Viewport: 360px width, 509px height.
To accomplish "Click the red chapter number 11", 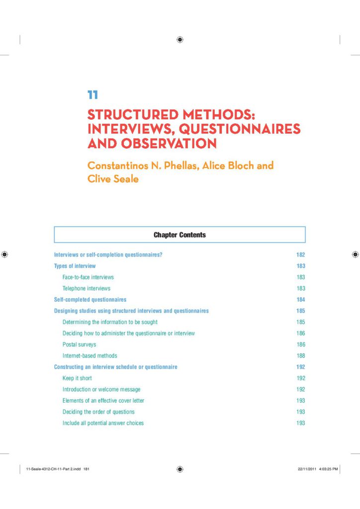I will (92, 94).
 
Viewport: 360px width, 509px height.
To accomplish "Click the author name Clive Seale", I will (113, 179).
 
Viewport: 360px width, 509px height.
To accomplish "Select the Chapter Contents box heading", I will (180, 235).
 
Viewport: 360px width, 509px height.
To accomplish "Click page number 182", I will (300, 255).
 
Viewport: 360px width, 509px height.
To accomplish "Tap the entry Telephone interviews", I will (87, 288).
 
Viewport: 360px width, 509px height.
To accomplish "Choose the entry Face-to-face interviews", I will (88, 277).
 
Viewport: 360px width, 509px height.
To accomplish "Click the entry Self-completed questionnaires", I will (90, 300).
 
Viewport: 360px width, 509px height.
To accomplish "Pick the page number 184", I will (300, 300).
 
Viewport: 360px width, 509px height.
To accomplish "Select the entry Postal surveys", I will (80, 344).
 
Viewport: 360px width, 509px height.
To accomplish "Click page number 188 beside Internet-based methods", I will (300, 356).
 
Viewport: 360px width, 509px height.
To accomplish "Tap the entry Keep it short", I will (77, 378).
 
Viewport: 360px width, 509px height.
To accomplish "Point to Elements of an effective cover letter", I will (103, 401).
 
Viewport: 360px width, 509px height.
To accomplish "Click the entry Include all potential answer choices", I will (103, 423).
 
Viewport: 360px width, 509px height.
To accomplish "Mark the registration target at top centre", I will (180, 40).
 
